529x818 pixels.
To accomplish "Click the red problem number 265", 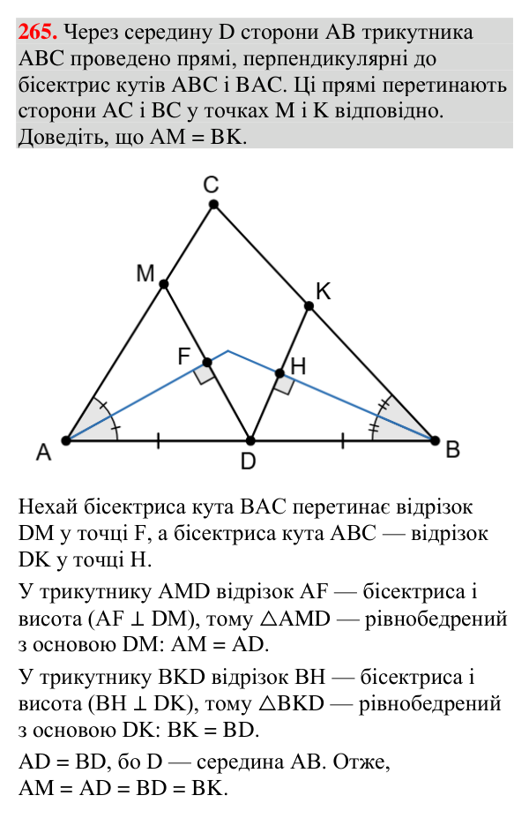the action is (x=38, y=33).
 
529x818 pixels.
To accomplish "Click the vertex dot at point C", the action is (x=213, y=205).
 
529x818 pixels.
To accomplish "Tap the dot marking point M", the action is (x=164, y=284).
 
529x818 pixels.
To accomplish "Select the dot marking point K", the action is (x=309, y=306).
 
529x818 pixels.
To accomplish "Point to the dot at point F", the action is (x=207, y=363).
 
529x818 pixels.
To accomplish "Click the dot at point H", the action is (x=279, y=373).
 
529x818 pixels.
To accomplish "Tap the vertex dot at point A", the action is (x=66, y=441).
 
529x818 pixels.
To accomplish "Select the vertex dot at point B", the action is (x=435, y=441).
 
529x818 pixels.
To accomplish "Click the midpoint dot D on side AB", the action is (x=250, y=441).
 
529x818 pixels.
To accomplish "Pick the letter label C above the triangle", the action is (x=211, y=185).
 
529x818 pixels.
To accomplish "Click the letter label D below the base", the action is (x=249, y=462).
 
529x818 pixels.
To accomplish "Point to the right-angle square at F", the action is (x=204, y=373).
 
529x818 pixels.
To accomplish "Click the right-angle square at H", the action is (x=284, y=384).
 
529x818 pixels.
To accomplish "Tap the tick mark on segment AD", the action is (x=159, y=441).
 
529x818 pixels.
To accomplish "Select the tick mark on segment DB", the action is (x=342, y=441).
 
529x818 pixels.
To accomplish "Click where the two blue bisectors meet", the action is (x=228, y=351).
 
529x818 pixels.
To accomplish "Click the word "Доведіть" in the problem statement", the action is (x=56, y=137).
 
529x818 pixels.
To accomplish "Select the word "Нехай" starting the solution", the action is (x=48, y=507).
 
